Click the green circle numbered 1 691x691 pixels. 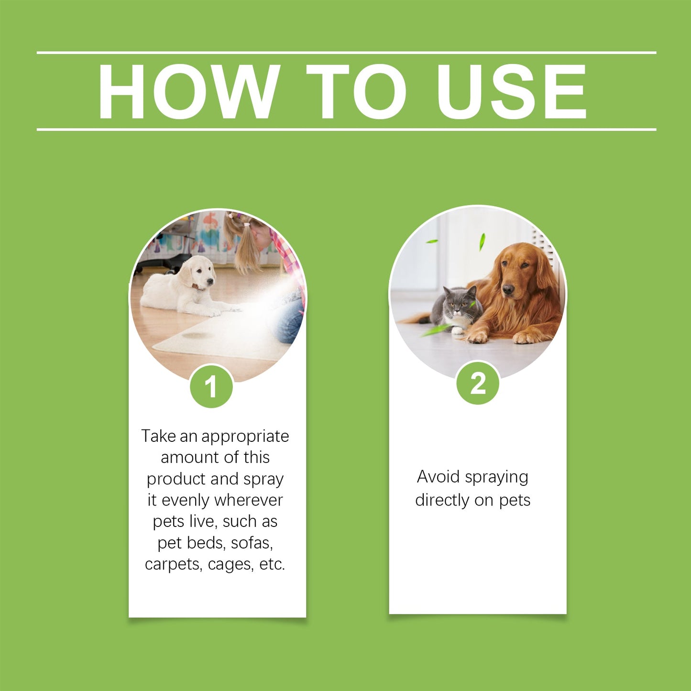pos(211,387)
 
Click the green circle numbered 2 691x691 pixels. pos(478,383)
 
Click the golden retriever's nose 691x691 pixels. pos(508,288)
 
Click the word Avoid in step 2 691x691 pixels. pos(438,477)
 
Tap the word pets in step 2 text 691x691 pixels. pos(515,500)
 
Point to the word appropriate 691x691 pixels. pos(245,437)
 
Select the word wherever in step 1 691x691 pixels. pos(248,500)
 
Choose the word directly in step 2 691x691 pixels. pos(442,500)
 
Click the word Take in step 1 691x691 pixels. pos(158,436)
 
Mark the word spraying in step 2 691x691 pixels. pos(496,478)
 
